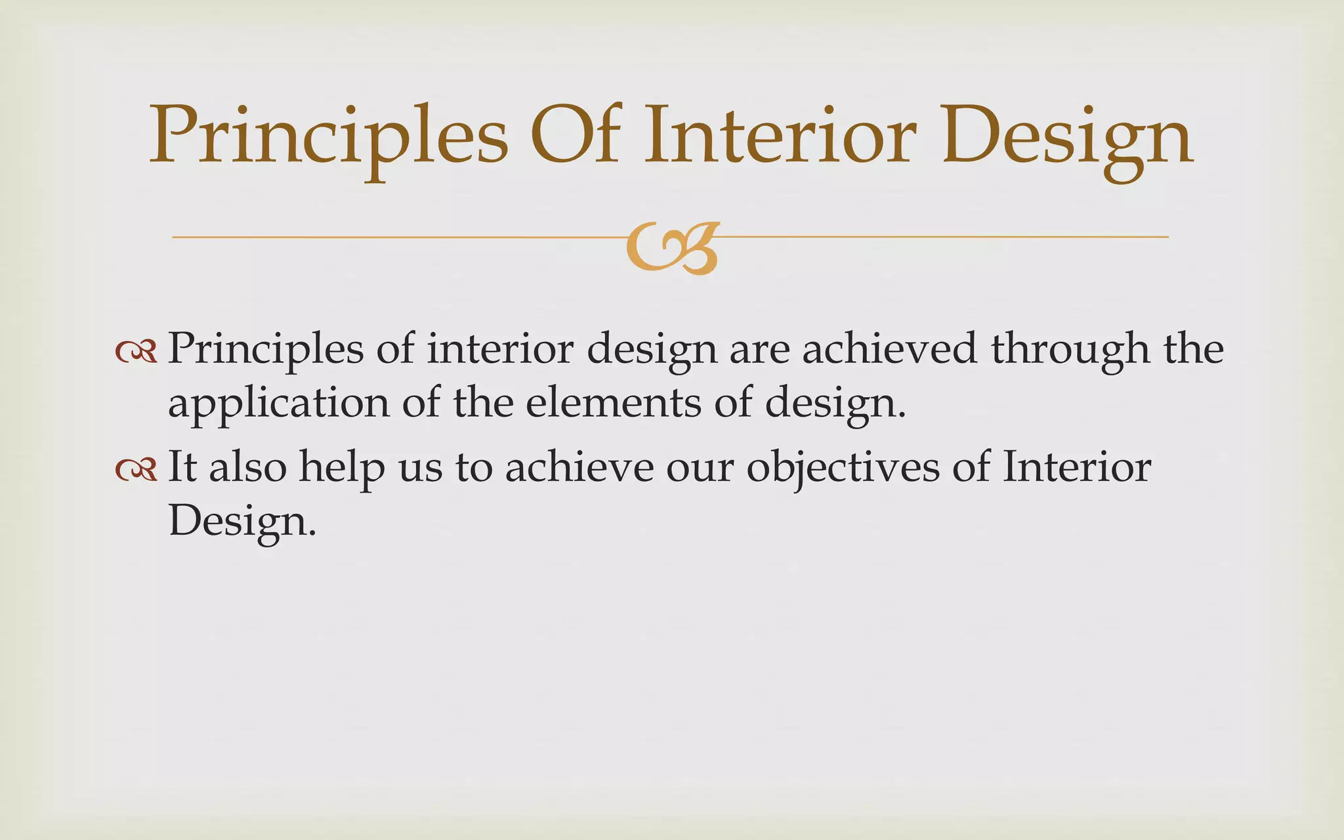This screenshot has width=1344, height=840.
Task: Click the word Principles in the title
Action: (x=328, y=136)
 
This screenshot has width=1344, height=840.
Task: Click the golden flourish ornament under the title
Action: (x=672, y=247)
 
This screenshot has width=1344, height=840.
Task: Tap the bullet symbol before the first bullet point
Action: (x=136, y=352)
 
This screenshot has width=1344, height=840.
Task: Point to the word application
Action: (x=278, y=404)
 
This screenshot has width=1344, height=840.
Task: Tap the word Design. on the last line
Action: (x=242, y=522)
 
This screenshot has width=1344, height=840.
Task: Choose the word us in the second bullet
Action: (x=421, y=468)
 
